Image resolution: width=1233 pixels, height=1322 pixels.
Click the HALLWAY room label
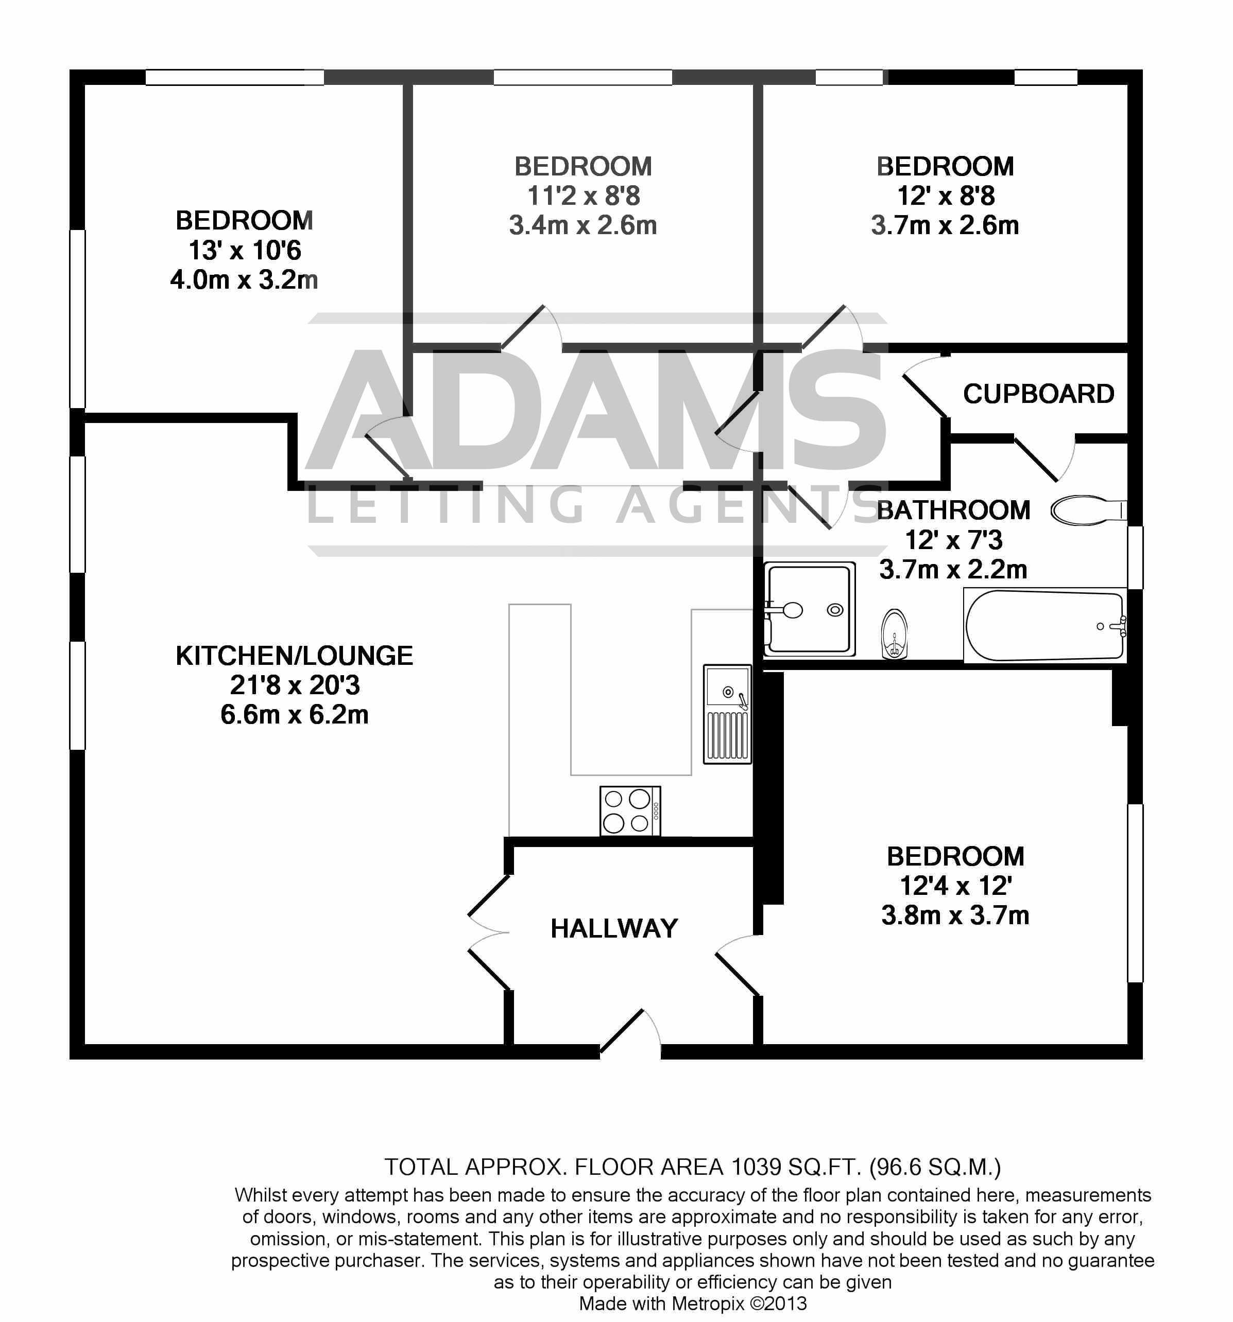point(613,928)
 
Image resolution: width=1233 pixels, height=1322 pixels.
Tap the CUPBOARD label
point(1038,394)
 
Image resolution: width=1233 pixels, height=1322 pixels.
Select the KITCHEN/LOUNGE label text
point(294,656)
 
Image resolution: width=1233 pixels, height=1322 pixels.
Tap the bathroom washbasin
point(894,634)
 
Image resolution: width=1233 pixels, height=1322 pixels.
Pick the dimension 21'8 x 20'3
point(294,685)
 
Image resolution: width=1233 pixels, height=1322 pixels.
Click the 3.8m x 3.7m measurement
point(955,915)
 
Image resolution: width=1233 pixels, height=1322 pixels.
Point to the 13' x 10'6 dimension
point(244,251)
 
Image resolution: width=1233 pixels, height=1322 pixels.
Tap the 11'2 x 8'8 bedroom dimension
point(583,196)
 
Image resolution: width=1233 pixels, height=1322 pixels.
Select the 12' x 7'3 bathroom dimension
point(953,540)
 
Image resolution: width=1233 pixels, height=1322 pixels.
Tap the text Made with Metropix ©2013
point(692,1303)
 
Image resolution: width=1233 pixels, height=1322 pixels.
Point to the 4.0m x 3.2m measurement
point(244,280)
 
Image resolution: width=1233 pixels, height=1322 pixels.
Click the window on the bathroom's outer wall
point(1135,557)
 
